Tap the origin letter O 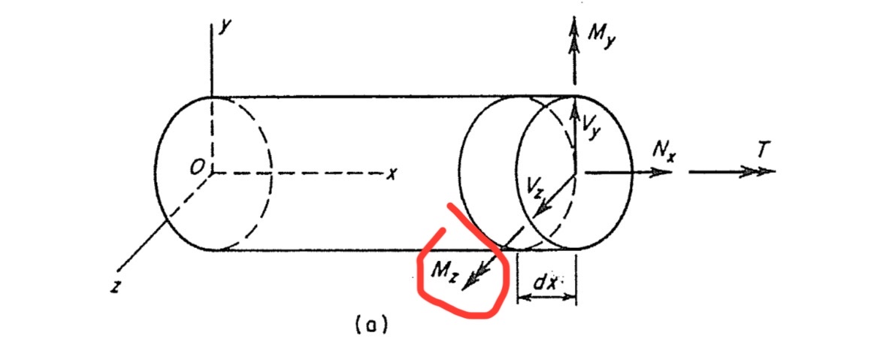coord(195,169)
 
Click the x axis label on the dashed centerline coord(391,174)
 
